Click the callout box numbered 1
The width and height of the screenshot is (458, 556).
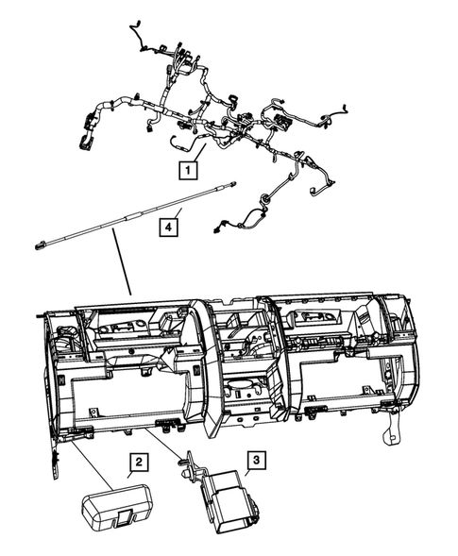(x=189, y=171)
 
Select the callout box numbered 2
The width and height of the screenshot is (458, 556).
(x=138, y=462)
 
